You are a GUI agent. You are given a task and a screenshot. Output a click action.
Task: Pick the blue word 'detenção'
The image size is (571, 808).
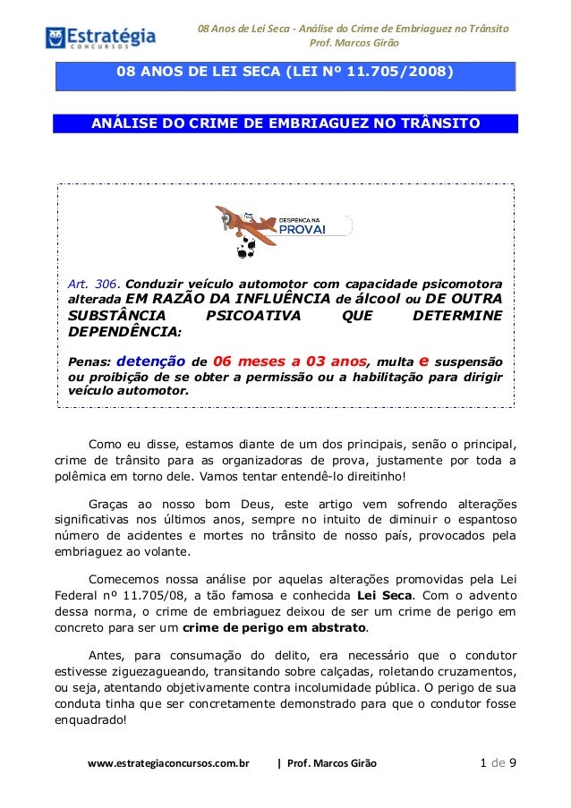click(151, 361)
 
